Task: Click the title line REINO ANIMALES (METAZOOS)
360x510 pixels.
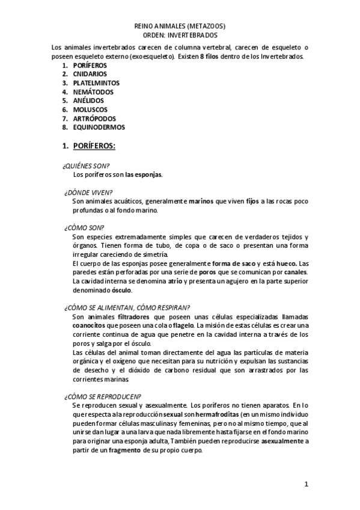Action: [x=180, y=27]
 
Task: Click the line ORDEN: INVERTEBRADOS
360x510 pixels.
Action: [x=180, y=36]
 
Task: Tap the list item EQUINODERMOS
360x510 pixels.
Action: [x=99, y=127]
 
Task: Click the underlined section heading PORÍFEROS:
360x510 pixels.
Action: [x=94, y=146]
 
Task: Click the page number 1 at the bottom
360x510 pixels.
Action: [x=306, y=484]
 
